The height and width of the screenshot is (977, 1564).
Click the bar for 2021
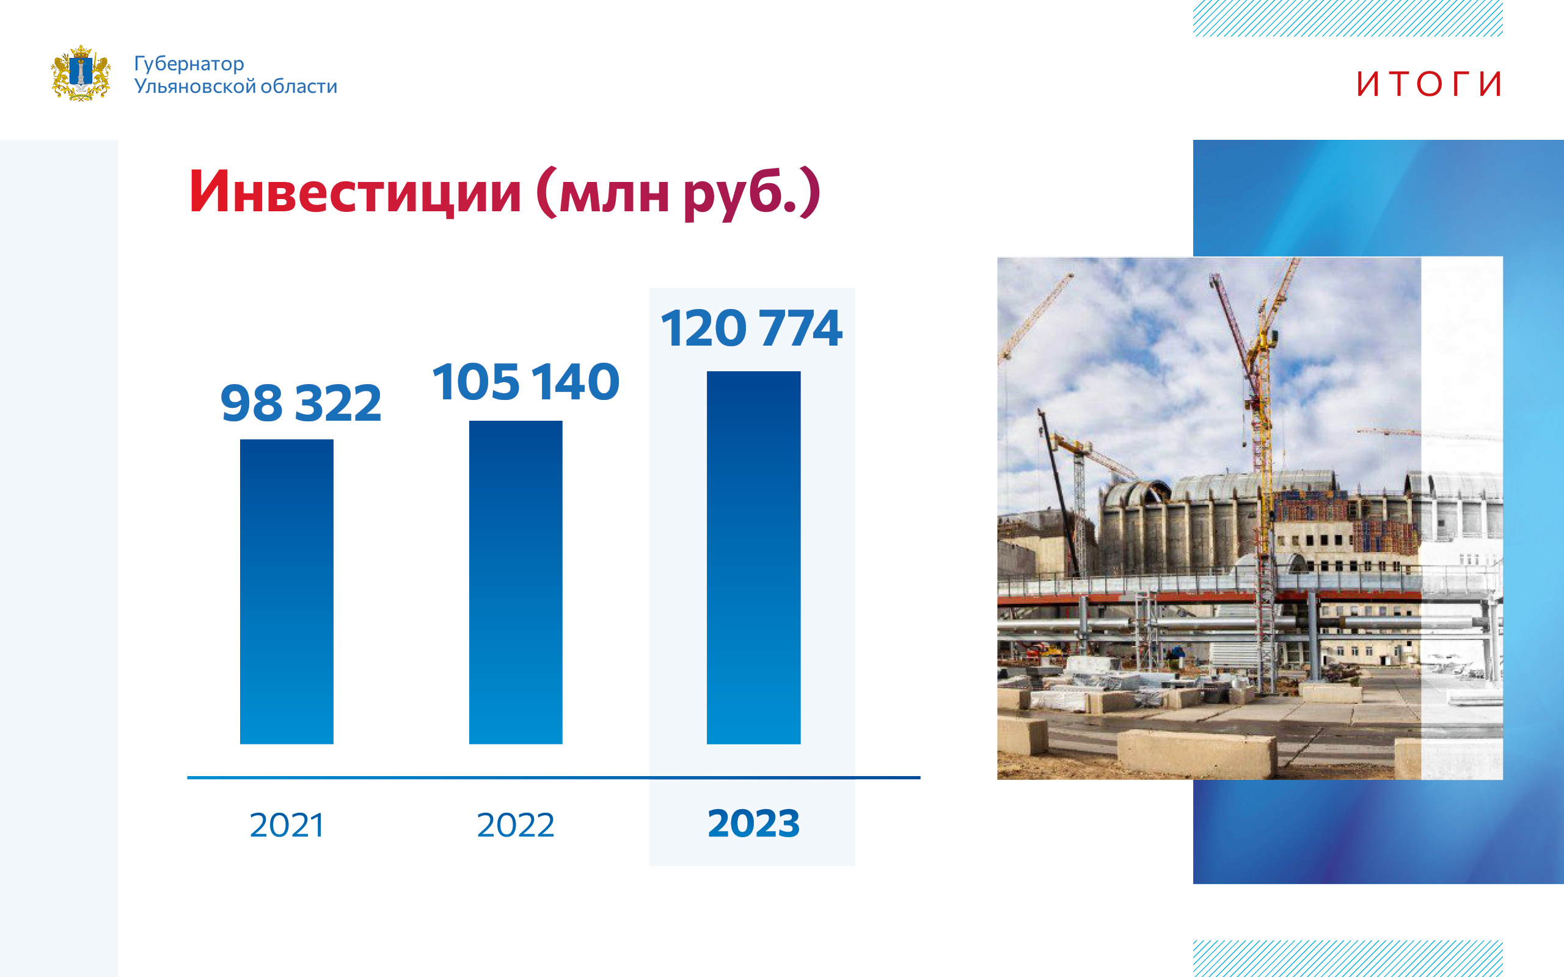287,591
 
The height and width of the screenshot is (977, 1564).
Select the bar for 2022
516,582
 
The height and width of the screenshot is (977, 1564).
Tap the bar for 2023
753,558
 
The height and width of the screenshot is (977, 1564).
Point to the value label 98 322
301,402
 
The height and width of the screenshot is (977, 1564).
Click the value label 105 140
526,381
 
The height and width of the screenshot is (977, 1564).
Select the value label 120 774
751,328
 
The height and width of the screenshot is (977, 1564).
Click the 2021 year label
287,825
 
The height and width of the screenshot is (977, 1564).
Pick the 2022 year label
516,825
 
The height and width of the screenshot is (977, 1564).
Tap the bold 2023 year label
753,823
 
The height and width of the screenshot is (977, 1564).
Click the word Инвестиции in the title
355,192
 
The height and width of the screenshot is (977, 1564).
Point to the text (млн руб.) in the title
679,193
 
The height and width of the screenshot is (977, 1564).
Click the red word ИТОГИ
1428,84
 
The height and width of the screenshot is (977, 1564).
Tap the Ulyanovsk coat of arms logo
81,73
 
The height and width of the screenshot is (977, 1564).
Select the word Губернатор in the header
189,64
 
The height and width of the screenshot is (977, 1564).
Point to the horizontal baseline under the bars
554,777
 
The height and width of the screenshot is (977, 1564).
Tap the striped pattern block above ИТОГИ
1348,18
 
